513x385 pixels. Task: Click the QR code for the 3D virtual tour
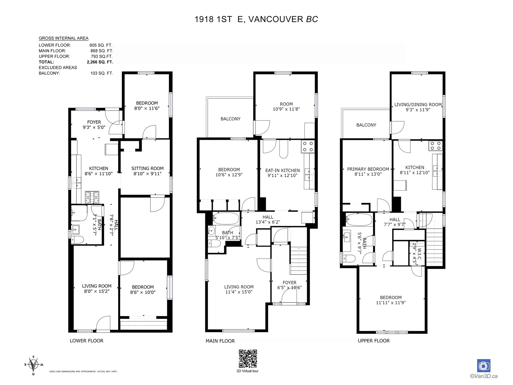248,359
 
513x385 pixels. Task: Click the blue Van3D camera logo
484,366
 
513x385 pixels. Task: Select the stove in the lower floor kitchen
92,197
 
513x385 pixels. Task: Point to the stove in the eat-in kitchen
308,147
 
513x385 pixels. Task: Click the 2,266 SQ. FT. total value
100,62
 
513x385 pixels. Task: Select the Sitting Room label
147,168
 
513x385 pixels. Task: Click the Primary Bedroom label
368,169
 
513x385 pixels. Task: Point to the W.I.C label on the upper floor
419,254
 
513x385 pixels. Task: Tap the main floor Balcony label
231,119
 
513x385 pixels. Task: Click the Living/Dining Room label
418,105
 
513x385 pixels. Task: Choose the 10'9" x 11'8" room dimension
286,109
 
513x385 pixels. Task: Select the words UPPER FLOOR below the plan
374,341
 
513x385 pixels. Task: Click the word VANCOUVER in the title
276,19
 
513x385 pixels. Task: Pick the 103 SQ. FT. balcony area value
102,73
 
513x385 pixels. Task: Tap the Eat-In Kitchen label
282,170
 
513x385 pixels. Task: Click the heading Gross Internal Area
63,38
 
